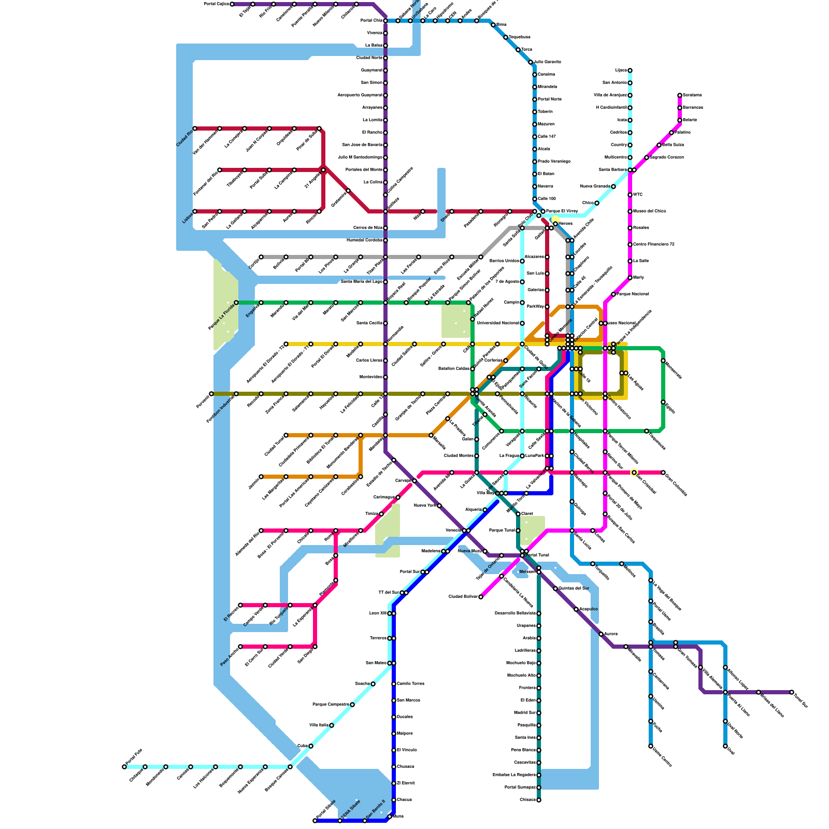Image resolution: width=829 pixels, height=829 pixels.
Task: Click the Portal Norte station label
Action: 550,99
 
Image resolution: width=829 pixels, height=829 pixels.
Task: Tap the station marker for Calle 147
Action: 535,137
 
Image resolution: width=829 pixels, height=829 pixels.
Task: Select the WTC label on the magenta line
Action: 638,195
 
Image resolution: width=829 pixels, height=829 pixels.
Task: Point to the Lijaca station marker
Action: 630,70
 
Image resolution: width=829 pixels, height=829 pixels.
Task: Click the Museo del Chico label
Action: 650,211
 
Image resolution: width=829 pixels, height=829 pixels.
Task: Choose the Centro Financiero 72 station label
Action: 654,244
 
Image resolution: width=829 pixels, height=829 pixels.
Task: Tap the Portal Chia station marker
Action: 385,21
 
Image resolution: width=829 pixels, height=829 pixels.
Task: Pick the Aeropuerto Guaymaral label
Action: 360,95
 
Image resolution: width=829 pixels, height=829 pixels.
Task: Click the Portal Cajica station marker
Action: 232,4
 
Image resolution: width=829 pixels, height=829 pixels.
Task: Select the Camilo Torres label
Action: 410,683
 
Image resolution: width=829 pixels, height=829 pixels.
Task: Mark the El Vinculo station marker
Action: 394,750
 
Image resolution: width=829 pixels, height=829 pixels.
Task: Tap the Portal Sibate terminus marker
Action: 315,821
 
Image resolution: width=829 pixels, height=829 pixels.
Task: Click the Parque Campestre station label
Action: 331,704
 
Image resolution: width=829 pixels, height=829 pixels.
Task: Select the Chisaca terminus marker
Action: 539,800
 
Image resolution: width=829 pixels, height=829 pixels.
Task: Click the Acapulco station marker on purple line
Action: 576,609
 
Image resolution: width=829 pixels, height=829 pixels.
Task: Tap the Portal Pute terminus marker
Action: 124,767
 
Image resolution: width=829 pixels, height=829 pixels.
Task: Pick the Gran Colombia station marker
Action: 663,473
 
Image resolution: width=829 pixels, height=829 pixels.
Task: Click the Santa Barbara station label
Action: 612,169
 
